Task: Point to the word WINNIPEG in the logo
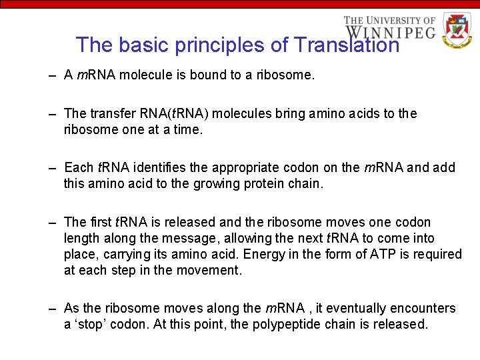point(390,32)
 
